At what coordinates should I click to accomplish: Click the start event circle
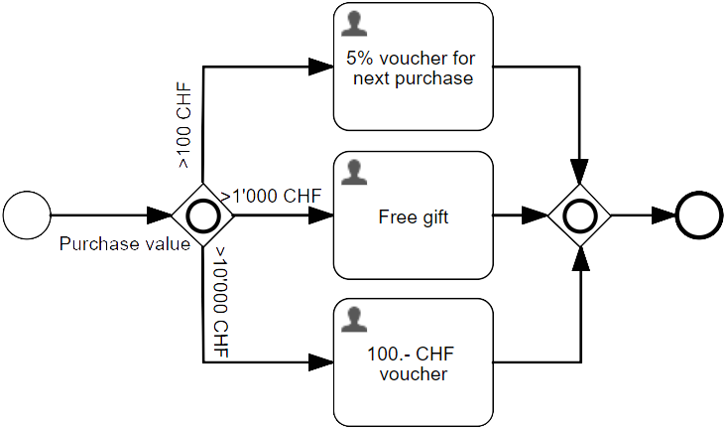coord(27,214)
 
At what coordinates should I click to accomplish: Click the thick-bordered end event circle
coord(700,214)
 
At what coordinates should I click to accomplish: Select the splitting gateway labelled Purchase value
coord(202,214)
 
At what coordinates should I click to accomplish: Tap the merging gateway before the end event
coord(580,214)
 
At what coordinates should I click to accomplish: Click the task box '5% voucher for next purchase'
coord(413,67)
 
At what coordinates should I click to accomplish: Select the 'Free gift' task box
coord(413,215)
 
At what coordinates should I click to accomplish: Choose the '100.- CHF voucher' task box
coord(413,363)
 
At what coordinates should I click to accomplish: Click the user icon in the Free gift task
coord(353,172)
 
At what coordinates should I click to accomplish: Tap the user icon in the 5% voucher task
coord(353,23)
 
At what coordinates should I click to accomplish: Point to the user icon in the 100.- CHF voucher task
coord(353,320)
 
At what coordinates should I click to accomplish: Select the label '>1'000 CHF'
coord(271,196)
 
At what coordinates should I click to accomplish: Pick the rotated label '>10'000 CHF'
coord(221,303)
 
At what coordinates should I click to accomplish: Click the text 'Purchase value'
coord(125,243)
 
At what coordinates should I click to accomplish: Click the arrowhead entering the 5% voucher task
coord(320,67)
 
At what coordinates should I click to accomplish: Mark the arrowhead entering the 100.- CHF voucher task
coord(320,362)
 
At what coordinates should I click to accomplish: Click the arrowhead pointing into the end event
coord(662,214)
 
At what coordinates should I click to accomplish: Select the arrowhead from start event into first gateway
coord(159,214)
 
